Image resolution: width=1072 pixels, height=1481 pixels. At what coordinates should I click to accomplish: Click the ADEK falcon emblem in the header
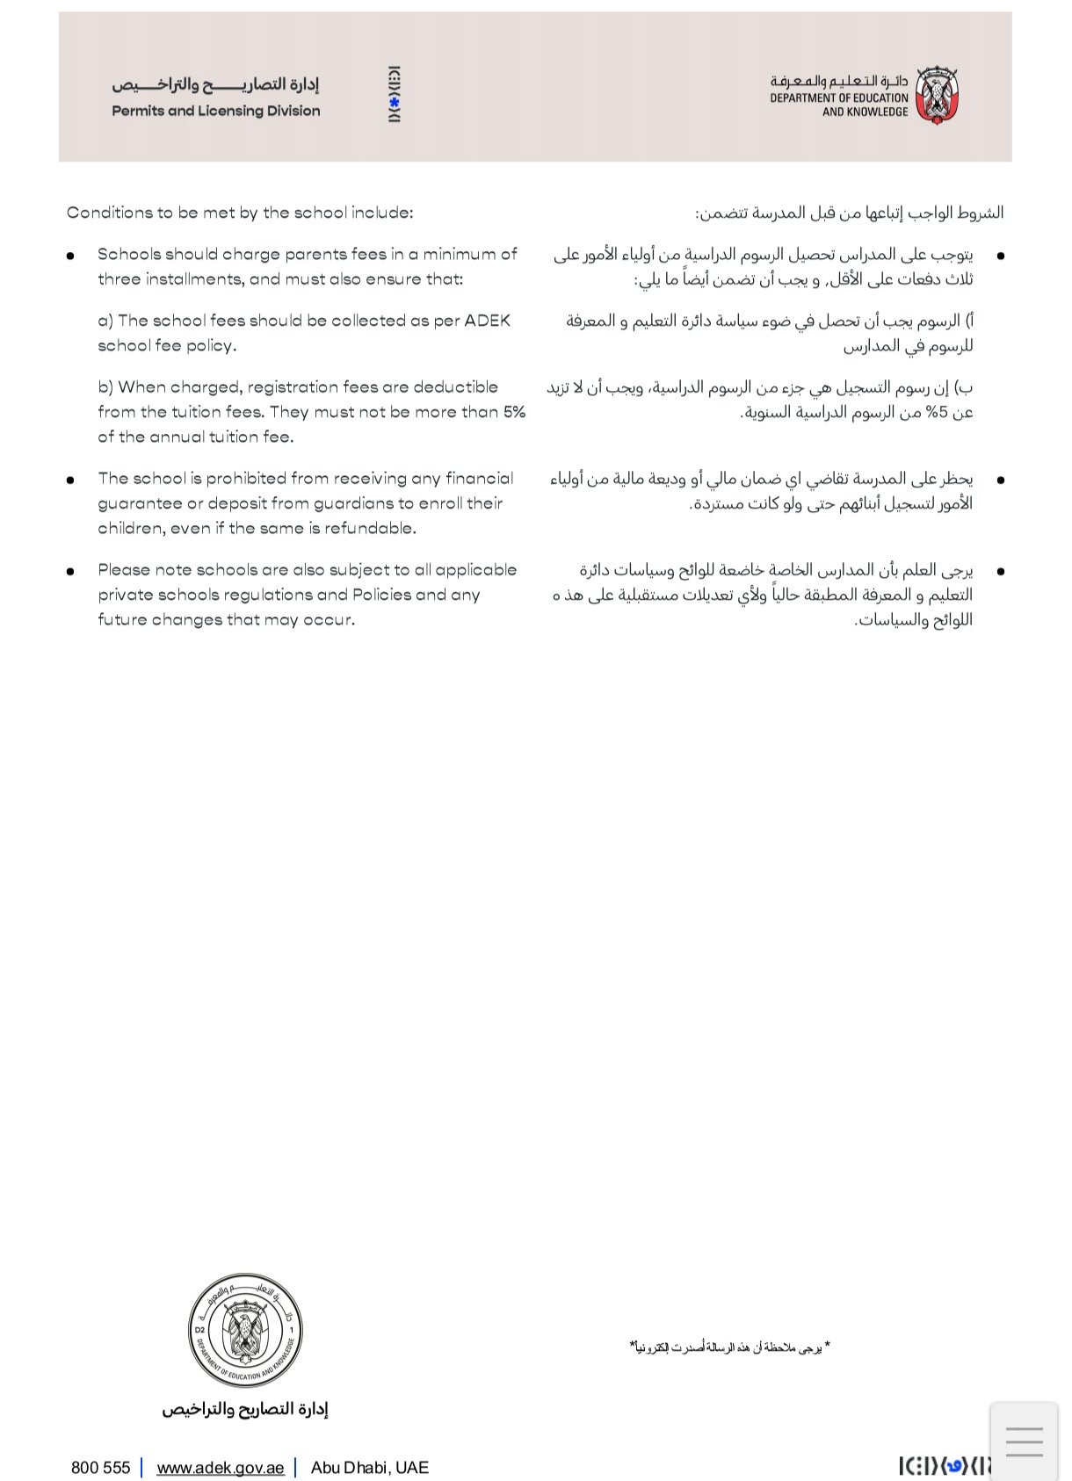(x=937, y=95)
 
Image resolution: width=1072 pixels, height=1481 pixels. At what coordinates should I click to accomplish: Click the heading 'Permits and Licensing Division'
(x=216, y=111)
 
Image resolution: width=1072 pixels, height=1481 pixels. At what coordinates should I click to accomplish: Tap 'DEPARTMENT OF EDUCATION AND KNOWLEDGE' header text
(x=839, y=105)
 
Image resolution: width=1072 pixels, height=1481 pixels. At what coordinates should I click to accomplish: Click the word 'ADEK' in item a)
(x=487, y=321)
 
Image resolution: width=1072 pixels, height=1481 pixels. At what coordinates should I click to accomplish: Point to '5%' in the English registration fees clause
(x=514, y=412)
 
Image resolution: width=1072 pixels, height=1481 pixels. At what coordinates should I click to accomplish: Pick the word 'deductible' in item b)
(x=455, y=387)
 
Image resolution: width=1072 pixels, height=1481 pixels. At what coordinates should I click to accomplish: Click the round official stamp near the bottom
(x=246, y=1330)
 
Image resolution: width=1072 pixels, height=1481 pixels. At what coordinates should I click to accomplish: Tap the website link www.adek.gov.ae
(x=221, y=1468)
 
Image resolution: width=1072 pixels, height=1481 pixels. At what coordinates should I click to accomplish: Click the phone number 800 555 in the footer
(x=100, y=1468)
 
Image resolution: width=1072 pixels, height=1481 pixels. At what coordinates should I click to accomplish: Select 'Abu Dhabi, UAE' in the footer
(x=370, y=1468)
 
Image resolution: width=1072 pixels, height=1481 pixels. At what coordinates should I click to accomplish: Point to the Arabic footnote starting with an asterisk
(x=729, y=1347)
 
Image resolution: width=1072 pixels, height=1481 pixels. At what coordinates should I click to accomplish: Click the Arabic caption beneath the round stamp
(x=244, y=1409)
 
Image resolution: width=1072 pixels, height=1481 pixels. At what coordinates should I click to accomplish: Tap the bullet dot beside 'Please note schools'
(x=70, y=571)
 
